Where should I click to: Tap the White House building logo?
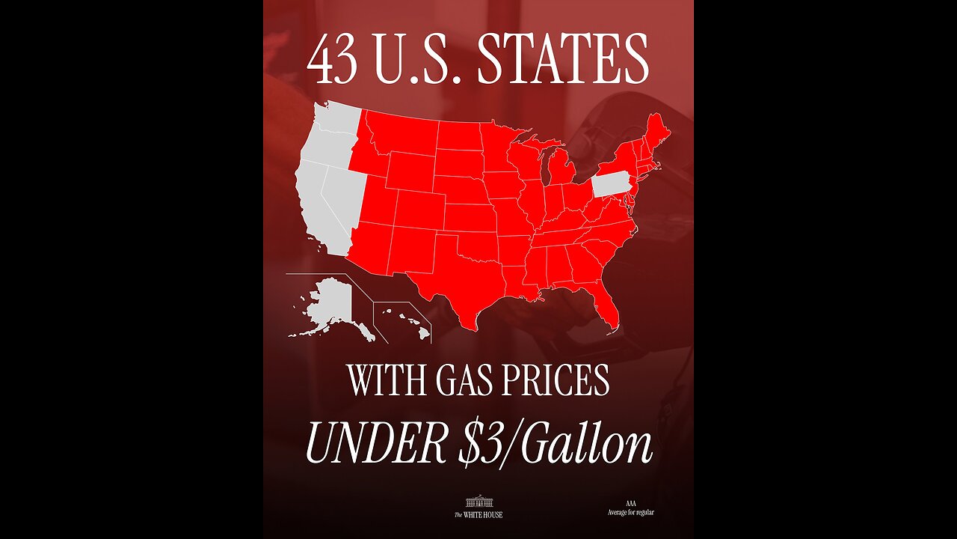(478, 502)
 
